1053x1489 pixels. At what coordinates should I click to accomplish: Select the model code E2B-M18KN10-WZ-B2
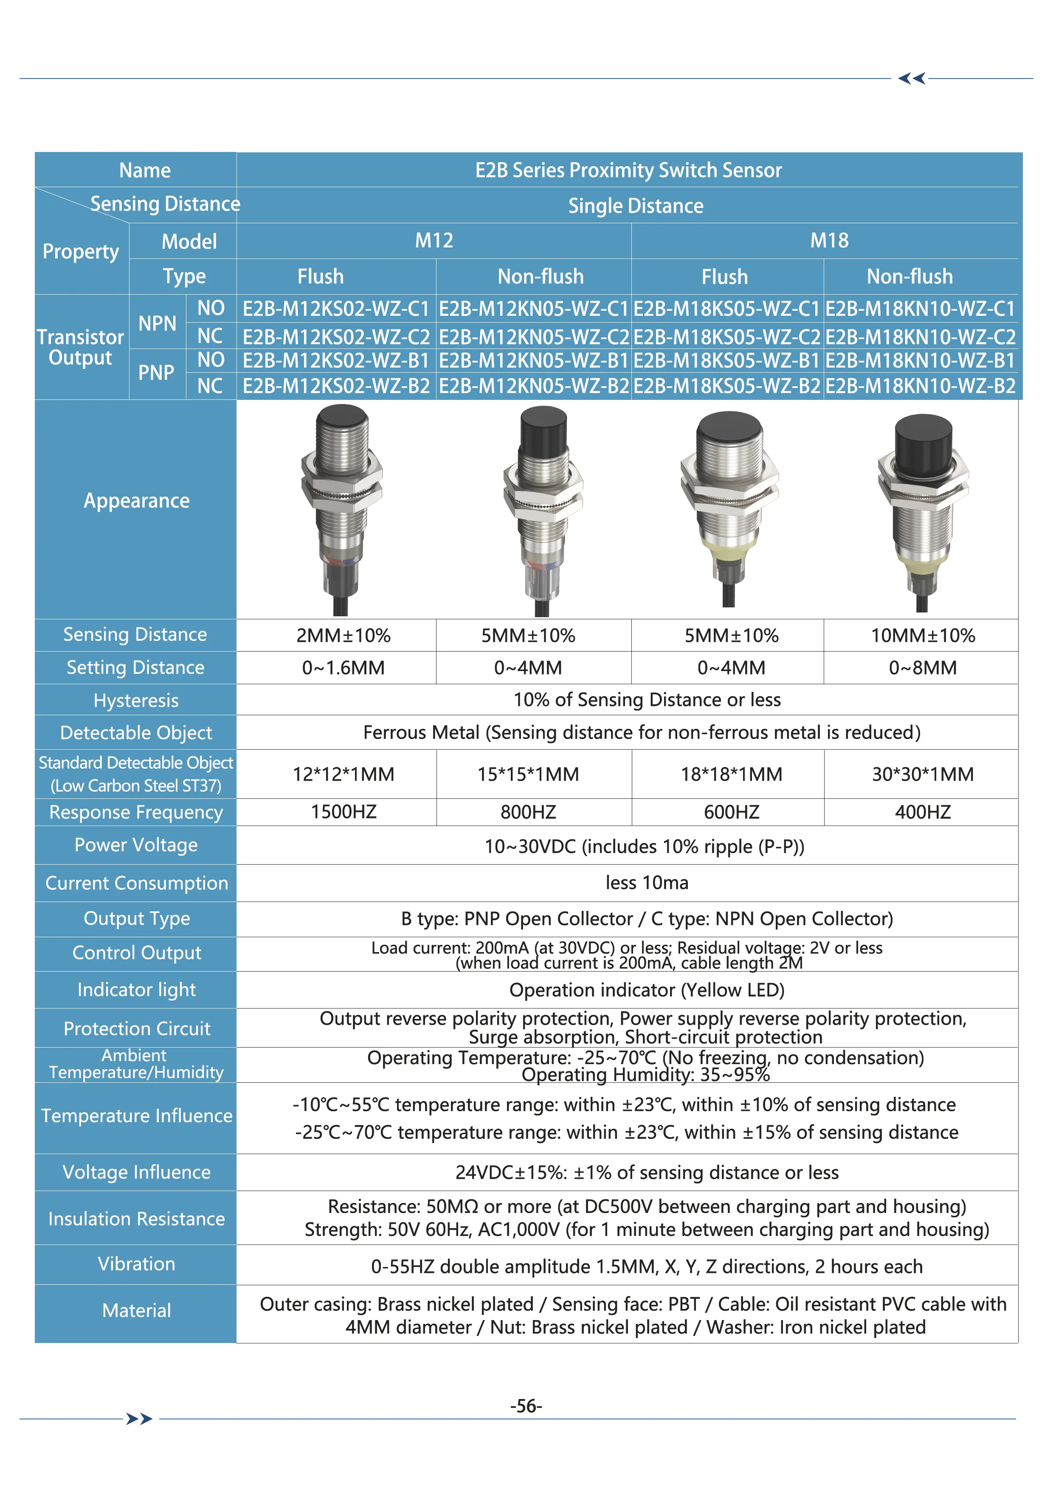tap(920, 386)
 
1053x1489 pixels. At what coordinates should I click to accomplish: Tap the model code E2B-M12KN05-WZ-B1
tap(533, 360)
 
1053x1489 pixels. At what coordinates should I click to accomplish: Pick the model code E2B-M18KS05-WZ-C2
tap(726, 337)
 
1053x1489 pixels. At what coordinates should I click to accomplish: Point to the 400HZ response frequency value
tap(923, 812)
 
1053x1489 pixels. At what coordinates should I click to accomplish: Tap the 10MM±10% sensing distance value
tap(923, 635)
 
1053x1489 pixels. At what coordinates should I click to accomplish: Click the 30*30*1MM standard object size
tap(923, 774)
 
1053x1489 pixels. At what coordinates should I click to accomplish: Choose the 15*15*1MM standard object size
tap(528, 774)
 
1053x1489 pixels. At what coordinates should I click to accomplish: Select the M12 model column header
tap(434, 241)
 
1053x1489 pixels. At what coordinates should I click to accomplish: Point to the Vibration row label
tap(136, 1264)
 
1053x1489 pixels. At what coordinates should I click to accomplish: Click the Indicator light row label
tap(136, 990)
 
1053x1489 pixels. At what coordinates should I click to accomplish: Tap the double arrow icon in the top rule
tap(912, 79)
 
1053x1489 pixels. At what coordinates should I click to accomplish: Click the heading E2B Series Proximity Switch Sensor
tap(628, 170)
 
